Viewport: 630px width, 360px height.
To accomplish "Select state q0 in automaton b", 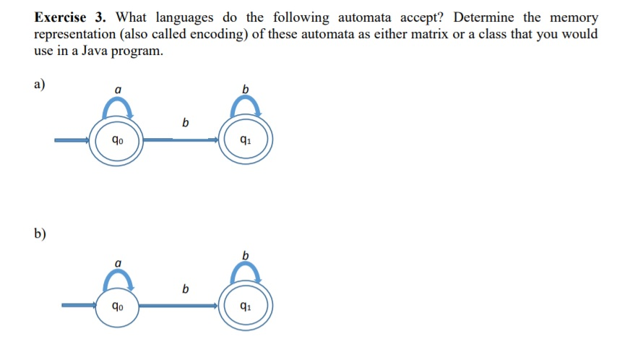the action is point(116,307).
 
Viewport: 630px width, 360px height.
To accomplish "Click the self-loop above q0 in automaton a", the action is point(116,108).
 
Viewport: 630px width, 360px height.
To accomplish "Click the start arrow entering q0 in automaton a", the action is point(72,140).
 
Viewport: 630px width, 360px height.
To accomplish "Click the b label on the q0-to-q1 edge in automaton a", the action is point(186,124).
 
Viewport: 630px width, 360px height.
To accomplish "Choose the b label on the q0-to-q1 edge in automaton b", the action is point(186,289).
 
